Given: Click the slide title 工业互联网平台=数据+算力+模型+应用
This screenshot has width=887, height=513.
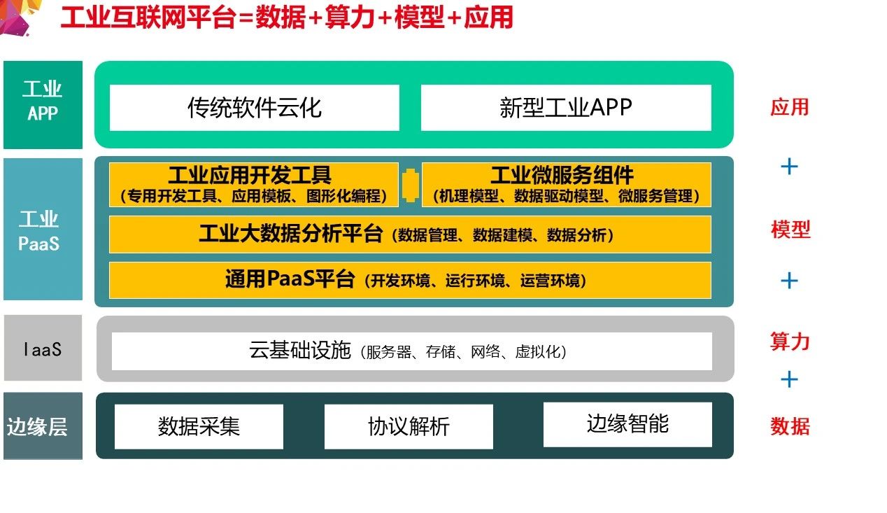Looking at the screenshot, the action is click(x=287, y=17).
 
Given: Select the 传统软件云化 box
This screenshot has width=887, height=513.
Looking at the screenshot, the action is click(x=254, y=108).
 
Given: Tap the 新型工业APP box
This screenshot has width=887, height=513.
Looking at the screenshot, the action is click(x=566, y=108).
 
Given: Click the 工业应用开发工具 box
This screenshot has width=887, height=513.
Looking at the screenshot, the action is click(x=253, y=185).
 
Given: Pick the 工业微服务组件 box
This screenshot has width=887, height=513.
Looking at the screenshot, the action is click(x=566, y=185).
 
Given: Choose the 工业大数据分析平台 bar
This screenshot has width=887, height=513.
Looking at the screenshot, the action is click(x=410, y=234).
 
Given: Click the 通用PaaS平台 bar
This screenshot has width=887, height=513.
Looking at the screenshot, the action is click(x=410, y=280).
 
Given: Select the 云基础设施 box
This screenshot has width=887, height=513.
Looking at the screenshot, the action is click(x=411, y=351).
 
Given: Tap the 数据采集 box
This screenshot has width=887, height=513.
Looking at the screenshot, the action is click(x=199, y=426).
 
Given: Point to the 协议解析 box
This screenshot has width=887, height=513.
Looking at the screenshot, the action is click(x=409, y=426).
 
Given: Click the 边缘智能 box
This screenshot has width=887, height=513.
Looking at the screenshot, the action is click(x=627, y=424).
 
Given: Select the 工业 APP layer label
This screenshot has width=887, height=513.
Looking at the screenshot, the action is click(x=43, y=104).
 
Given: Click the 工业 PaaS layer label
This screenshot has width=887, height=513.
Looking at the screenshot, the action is click(x=43, y=230).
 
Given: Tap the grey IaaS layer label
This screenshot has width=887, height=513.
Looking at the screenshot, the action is click(x=43, y=348).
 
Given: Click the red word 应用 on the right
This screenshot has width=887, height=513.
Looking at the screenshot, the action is click(x=789, y=107).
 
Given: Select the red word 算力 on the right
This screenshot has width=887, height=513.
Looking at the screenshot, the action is click(x=790, y=342).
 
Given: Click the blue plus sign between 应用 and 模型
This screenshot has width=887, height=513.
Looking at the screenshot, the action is click(x=789, y=167).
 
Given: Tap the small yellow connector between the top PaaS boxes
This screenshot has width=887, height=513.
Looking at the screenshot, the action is click(x=411, y=185).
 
